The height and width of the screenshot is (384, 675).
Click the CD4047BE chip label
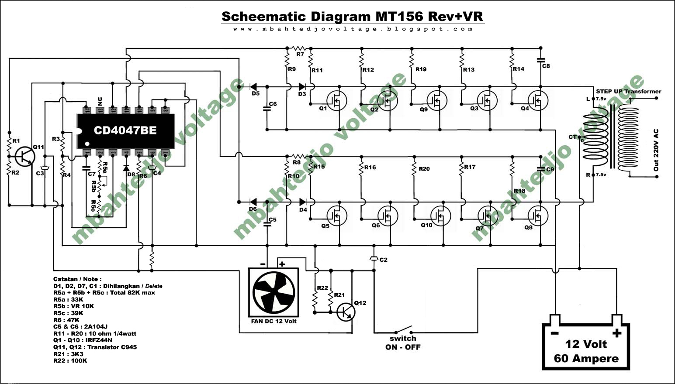coord(125,130)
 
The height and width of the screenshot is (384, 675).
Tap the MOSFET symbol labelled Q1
coord(337,101)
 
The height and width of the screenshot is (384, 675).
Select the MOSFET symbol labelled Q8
coord(538,215)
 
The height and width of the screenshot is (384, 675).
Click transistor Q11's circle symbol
coord(25,156)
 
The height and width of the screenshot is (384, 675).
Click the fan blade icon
coord(273,291)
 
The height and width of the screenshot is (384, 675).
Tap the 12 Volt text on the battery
coord(586,344)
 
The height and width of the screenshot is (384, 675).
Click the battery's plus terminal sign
coord(616,333)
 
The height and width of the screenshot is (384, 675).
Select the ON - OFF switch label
coord(403,347)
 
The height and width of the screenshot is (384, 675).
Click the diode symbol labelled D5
coord(253,87)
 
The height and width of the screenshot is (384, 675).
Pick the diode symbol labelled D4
coord(303,202)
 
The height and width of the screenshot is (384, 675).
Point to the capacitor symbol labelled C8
coord(540,59)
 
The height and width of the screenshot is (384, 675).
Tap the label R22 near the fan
coord(322,288)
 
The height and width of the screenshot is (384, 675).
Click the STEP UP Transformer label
coord(628,91)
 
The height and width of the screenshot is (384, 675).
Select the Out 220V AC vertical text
coord(656,150)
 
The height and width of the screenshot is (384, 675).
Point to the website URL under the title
coord(353,29)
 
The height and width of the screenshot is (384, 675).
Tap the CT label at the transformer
coord(573,137)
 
